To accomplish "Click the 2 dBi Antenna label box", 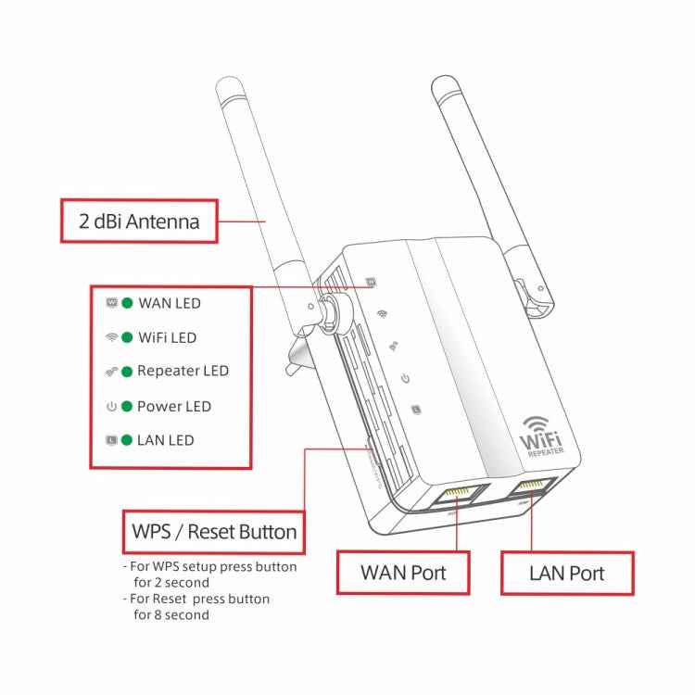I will pos(139,221).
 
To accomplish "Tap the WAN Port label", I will pos(403,573).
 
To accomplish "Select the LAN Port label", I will pos(566,573).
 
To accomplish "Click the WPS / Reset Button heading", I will pos(214,532).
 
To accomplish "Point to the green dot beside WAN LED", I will pos(127,303).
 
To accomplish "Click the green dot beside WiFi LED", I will pos(127,338).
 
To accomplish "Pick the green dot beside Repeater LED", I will pos(127,372).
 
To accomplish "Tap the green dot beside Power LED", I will pos(127,406).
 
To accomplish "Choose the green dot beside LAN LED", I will pos(127,440).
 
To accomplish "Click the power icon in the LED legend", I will pos(111,406).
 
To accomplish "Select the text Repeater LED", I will pos(183,372).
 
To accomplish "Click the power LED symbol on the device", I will pos(404,378).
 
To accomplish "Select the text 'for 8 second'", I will pos(171,614).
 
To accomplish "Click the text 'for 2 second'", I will pos(171,582).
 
